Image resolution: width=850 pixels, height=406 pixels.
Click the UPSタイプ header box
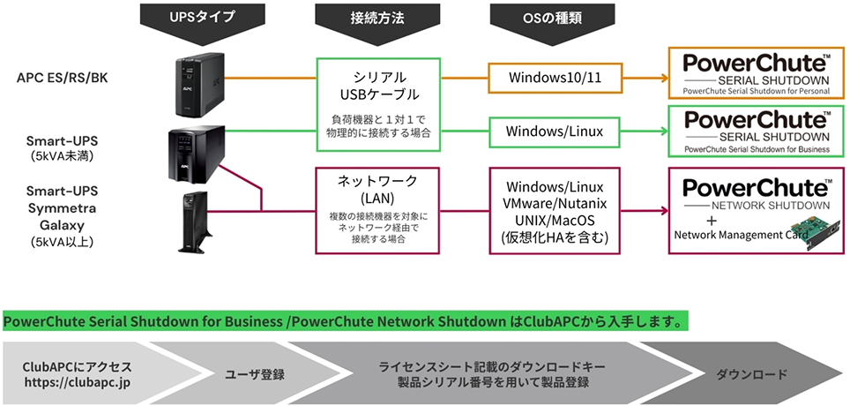(202, 15)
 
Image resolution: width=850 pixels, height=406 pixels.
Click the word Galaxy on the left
(62, 224)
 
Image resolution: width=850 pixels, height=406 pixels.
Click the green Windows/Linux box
(554, 131)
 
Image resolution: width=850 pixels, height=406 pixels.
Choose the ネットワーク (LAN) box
(379, 209)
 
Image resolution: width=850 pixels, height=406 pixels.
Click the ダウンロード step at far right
(750, 375)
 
